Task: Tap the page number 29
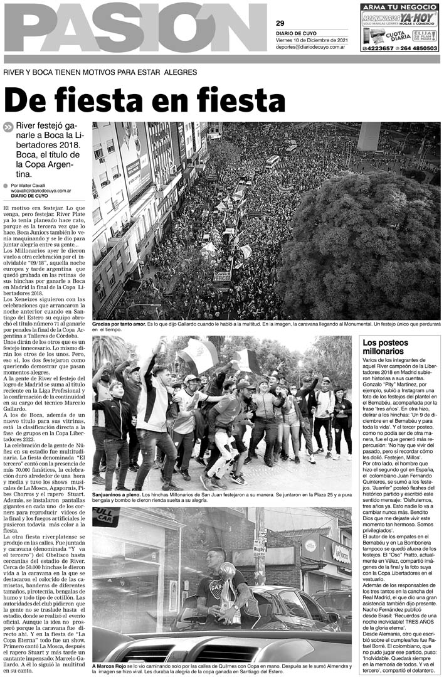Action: pyautogui.click(x=280, y=23)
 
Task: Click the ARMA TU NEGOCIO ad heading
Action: pyautogui.click(x=399, y=7)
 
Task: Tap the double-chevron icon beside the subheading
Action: pyautogui.click(x=8, y=127)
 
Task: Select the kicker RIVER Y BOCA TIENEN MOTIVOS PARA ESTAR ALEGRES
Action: pyautogui.click(x=100, y=72)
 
